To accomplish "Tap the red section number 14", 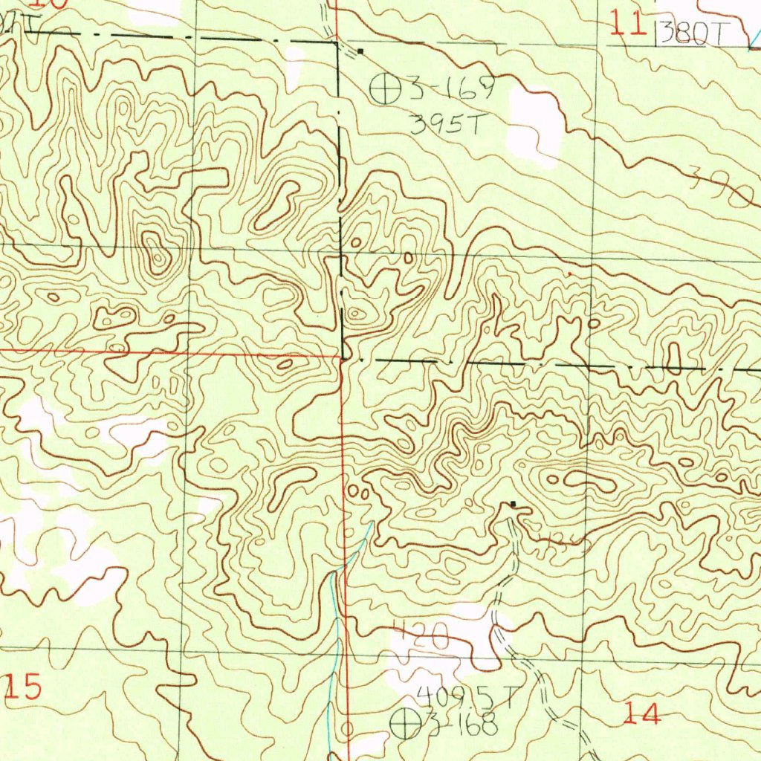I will (x=641, y=714).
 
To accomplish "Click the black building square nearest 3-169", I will (x=360, y=51).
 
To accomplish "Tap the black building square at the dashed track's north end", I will (x=513, y=505).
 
